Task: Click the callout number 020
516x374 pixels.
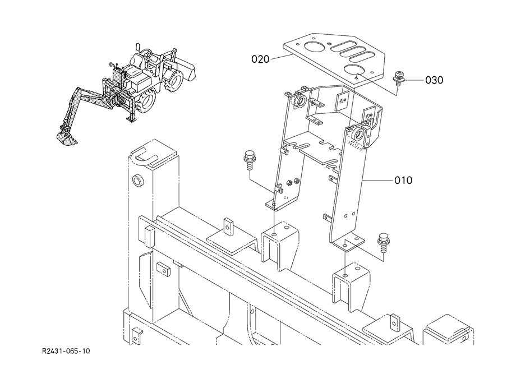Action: [x=260, y=59]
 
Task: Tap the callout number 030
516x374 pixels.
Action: [x=434, y=80]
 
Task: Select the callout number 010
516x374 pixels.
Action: [x=403, y=180]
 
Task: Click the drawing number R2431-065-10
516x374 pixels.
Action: [x=66, y=351]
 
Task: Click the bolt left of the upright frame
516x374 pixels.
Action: [x=248, y=160]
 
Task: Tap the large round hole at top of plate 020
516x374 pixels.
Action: [x=315, y=48]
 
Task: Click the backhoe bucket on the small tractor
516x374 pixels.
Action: [x=66, y=138]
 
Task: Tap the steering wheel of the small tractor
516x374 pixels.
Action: [x=146, y=52]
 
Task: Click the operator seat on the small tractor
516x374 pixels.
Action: [x=135, y=64]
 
